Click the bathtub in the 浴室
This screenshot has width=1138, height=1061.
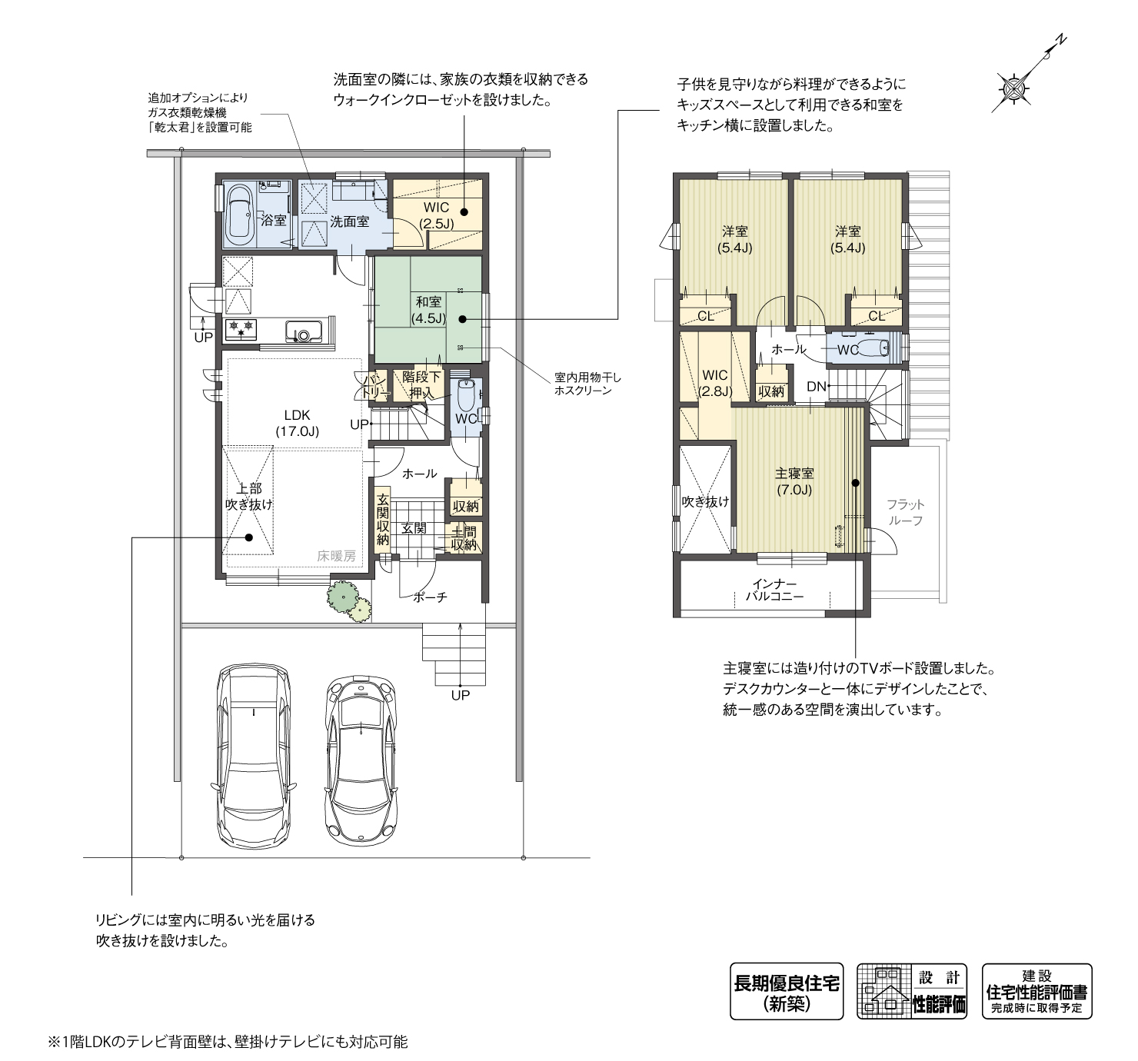click(241, 215)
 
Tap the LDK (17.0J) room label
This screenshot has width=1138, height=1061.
click(297, 423)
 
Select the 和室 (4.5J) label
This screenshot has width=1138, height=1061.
click(428, 310)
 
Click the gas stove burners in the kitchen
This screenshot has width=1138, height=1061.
click(241, 330)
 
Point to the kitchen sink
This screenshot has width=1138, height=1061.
click(304, 331)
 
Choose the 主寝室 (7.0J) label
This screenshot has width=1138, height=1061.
click(794, 481)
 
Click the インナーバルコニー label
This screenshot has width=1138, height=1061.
click(775, 590)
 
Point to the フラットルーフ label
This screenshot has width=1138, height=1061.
click(905, 512)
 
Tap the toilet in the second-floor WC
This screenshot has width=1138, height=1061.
click(877, 348)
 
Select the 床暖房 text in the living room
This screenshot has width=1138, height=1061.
click(336, 555)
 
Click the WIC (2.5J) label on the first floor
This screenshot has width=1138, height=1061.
click(436, 215)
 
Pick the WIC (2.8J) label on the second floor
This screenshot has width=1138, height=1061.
click(715, 383)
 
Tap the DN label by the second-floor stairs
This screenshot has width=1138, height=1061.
click(816, 386)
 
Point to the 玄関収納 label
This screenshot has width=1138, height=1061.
click(383, 520)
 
